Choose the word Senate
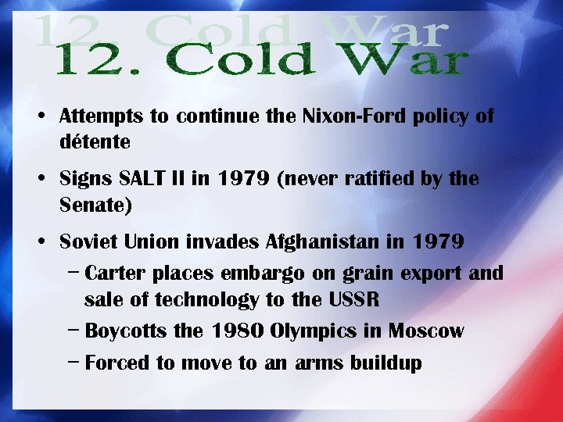(95, 205)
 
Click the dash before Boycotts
(73, 331)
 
